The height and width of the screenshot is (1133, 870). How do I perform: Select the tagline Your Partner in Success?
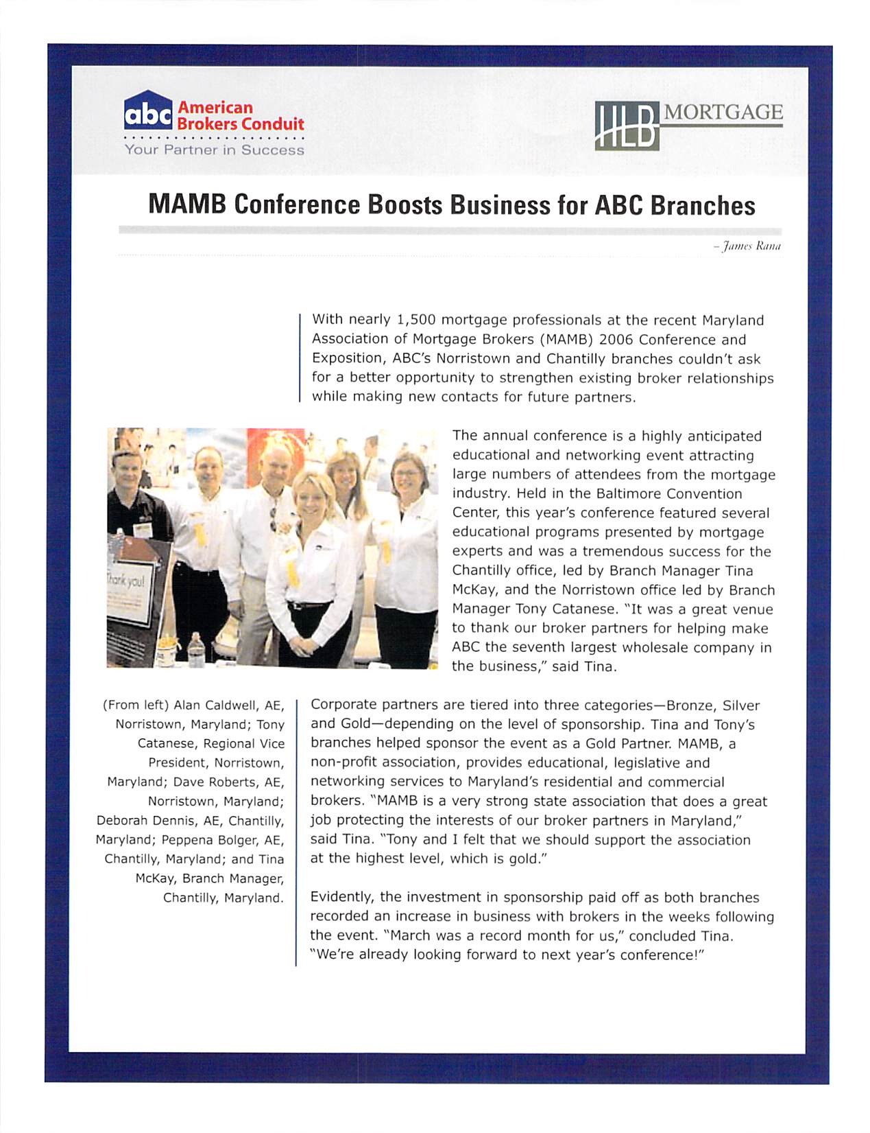214,150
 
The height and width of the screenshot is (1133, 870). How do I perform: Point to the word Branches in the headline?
703,205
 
